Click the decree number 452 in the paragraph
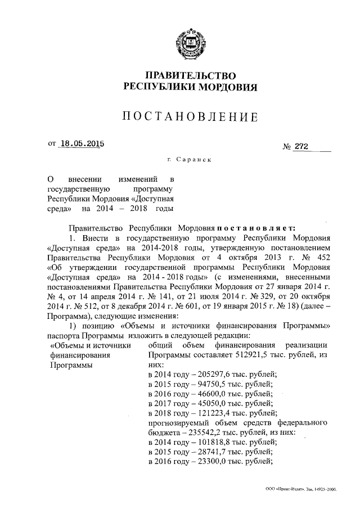tap(316, 258)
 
